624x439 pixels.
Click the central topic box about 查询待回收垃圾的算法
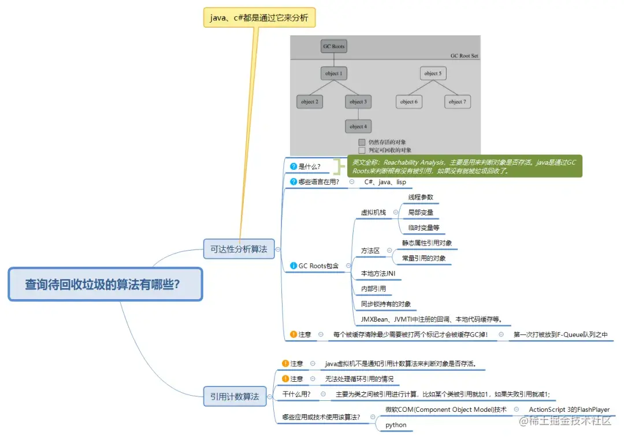point(105,284)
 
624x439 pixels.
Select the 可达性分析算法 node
point(239,249)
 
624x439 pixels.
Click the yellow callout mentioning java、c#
point(259,18)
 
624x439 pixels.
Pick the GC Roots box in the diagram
point(334,46)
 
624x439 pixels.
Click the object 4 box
point(358,126)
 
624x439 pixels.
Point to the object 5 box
point(433,73)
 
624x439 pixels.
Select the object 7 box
point(457,102)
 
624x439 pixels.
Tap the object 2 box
point(310,102)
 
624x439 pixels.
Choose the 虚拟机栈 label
point(373,213)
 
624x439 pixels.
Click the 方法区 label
point(370,250)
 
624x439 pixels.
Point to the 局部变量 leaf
point(420,213)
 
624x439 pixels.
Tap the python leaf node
point(396,425)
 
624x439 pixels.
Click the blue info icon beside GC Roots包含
point(294,266)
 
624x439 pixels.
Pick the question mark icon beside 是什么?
point(294,166)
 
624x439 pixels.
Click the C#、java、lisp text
point(385,182)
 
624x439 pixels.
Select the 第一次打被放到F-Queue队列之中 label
point(560,334)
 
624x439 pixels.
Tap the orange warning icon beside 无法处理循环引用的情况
point(285,379)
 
